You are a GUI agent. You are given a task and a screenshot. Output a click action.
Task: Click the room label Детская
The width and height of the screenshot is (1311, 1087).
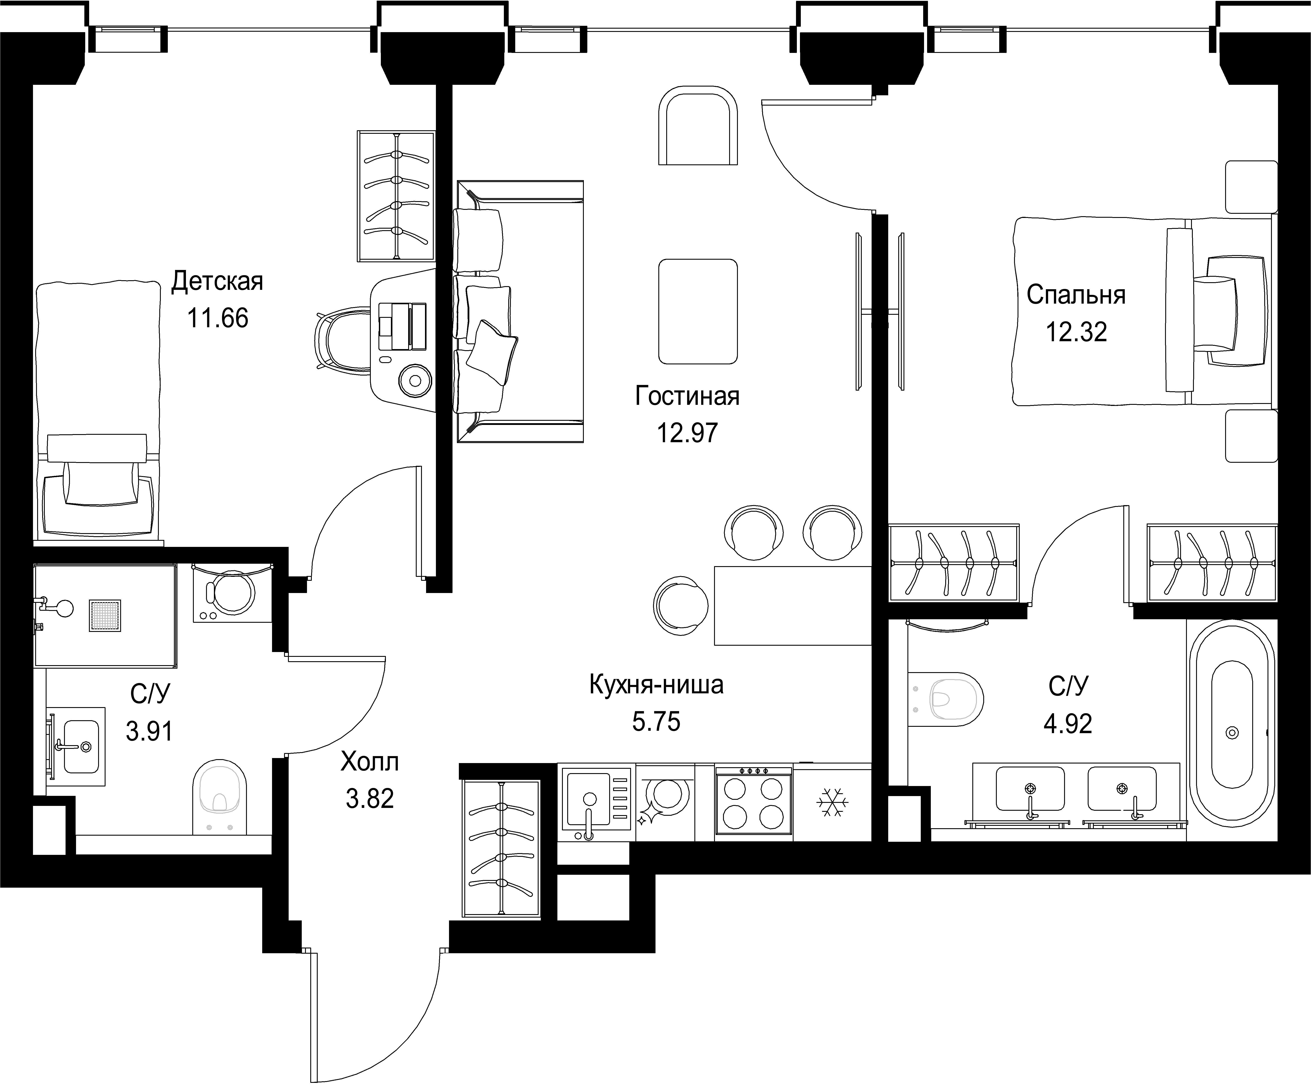tap(217, 282)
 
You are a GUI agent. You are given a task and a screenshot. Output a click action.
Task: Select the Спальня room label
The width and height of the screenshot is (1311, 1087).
tap(1076, 295)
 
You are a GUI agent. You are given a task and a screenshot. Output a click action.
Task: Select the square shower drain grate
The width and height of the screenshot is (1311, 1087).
tap(105, 616)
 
